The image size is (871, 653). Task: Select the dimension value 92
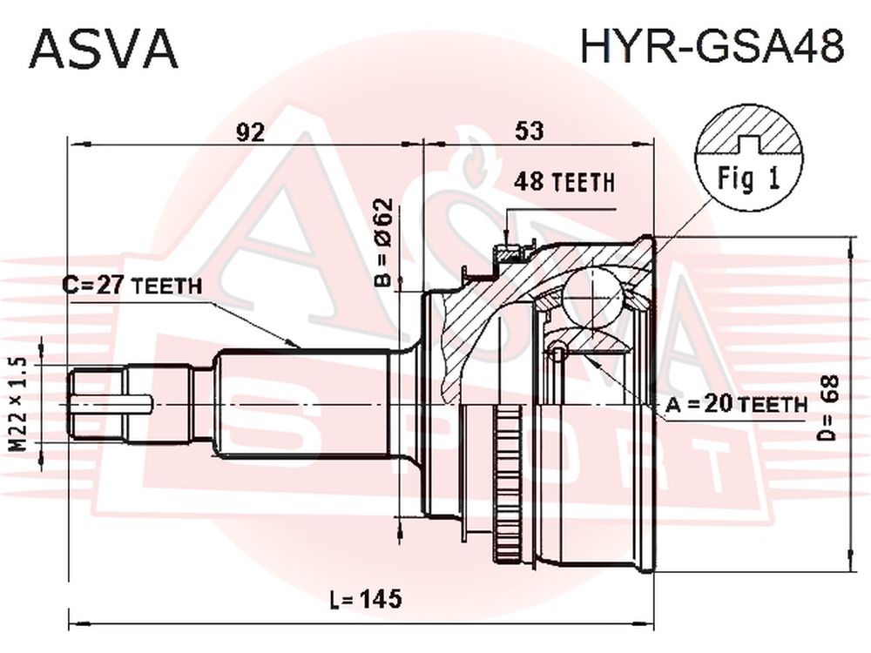251,131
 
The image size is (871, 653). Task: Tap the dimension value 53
529,131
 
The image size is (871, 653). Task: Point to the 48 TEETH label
564,182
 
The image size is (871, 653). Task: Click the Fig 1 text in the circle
749,178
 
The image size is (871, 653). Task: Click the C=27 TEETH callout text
132,286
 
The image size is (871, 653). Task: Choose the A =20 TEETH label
736,404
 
